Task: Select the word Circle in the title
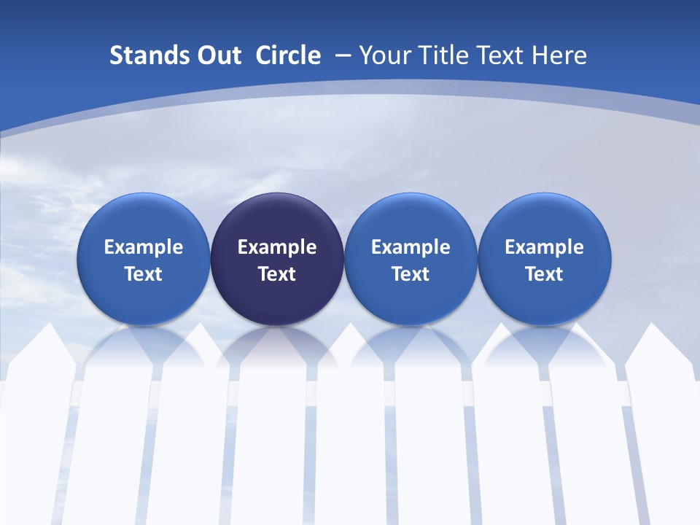click(x=288, y=55)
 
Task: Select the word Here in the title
click(x=562, y=55)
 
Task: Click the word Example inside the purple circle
click(x=277, y=247)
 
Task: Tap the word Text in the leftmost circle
click(x=143, y=274)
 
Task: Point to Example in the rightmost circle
click(x=545, y=247)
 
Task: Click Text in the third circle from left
click(x=411, y=274)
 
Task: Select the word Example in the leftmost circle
click(x=143, y=247)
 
